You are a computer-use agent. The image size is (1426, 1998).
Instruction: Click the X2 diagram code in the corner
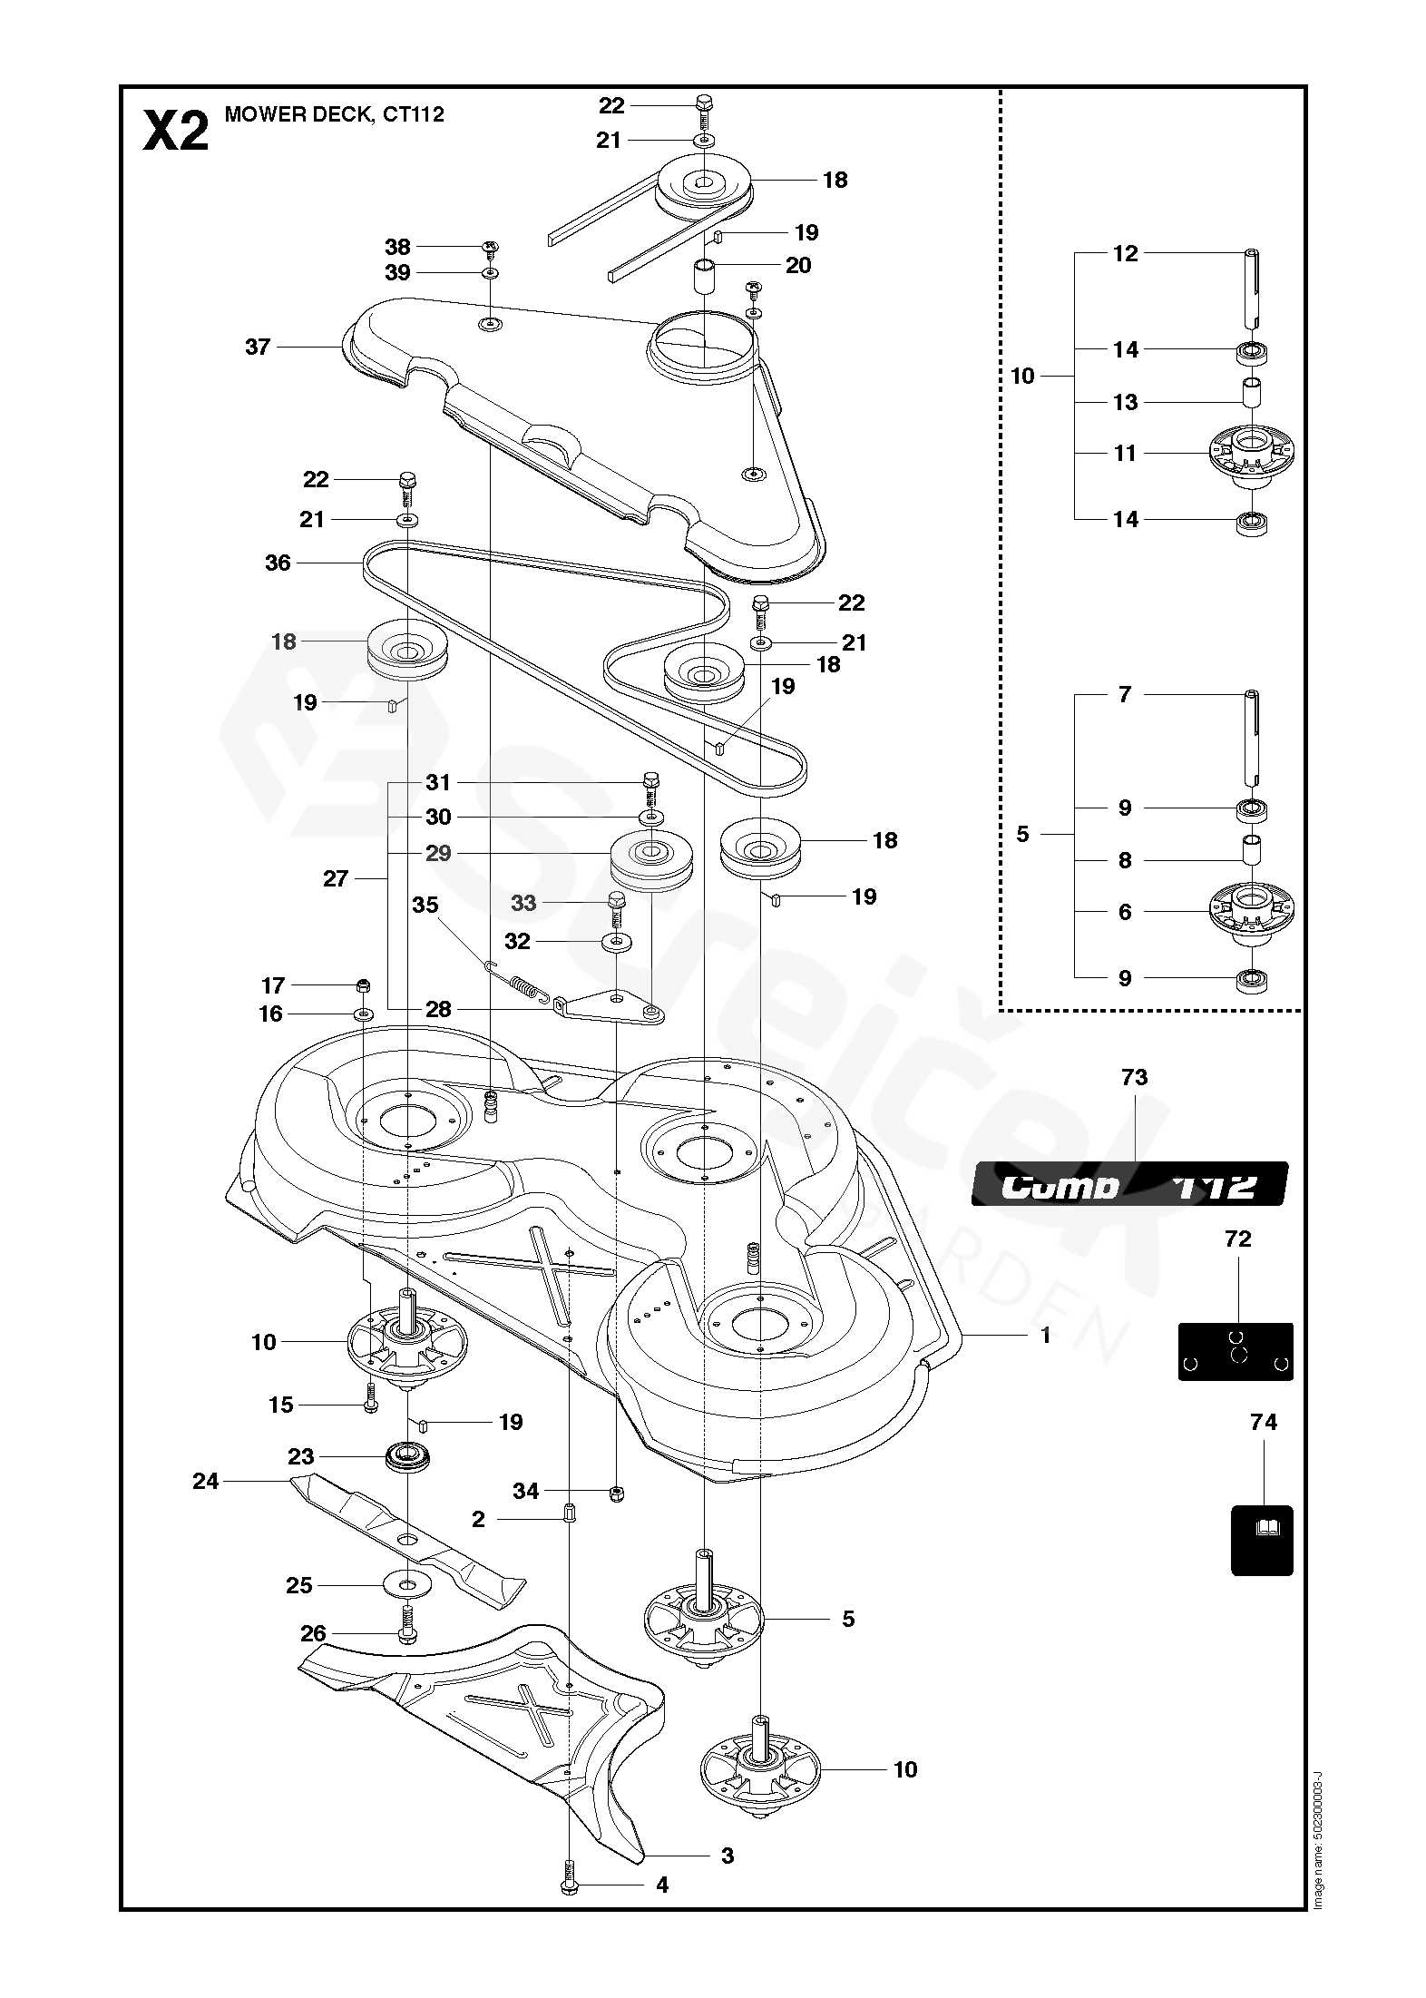click(x=176, y=132)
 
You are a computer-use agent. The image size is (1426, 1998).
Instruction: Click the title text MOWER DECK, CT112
click(x=334, y=114)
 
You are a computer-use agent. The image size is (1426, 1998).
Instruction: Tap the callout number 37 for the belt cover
click(x=258, y=347)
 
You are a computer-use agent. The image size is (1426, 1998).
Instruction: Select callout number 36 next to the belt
click(x=278, y=563)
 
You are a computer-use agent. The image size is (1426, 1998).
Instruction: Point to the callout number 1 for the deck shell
click(x=1045, y=1335)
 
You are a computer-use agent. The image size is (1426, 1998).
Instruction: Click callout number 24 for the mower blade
click(x=206, y=1481)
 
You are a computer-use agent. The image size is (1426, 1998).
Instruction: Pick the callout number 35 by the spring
click(x=425, y=905)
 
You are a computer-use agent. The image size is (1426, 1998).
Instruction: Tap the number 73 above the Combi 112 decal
click(x=1134, y=1077)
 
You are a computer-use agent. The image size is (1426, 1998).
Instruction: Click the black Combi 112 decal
click(x=1129, y=1184)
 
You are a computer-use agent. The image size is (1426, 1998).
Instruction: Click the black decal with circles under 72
click(x=1236, y=1351)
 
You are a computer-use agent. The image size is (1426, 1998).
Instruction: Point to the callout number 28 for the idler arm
click(x=438, y=1009)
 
